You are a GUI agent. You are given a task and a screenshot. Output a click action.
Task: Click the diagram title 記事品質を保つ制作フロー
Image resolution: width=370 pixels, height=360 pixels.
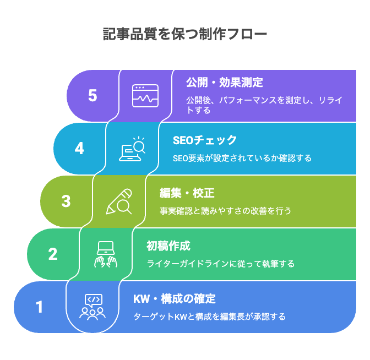[185, 34]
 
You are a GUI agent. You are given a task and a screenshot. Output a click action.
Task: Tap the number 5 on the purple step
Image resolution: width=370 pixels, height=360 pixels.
[92, 96]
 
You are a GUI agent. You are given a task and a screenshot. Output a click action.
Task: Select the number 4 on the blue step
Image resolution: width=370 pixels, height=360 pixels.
[79, 149]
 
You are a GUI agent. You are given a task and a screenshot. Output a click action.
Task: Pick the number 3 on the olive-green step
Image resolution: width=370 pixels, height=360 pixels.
[66, 201]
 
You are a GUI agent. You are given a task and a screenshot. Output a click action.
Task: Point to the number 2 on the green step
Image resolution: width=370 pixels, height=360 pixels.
[53, 254]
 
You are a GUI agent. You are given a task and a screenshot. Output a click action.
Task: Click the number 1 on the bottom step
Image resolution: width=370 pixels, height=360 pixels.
[40, 307]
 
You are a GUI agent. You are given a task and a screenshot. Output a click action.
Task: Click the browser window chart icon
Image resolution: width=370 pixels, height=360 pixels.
[145, 96]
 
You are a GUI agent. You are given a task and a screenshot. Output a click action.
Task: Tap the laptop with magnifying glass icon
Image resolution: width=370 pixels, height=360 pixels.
[132, 149]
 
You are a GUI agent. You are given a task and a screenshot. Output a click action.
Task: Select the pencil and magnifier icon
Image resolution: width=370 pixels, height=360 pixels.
[119, 201]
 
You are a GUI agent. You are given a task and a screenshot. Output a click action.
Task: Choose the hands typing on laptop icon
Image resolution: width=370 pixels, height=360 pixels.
[105, 254]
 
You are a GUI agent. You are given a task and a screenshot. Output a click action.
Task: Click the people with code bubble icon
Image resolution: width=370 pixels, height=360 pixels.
[92, 307]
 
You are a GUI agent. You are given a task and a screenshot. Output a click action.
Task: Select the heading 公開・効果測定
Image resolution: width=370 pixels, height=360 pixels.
[225, 83]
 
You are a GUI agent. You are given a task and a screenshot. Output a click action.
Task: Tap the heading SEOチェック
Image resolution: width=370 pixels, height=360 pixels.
[205, 140]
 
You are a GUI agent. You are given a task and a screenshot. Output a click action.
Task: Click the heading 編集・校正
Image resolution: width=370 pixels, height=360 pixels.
[187, 193]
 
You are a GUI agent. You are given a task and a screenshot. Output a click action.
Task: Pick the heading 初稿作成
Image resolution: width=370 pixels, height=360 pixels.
[168, 246]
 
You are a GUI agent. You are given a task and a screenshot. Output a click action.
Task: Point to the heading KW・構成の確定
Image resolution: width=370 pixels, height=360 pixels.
[175, 299]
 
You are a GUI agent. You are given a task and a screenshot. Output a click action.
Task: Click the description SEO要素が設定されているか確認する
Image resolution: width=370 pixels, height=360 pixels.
[242, 158]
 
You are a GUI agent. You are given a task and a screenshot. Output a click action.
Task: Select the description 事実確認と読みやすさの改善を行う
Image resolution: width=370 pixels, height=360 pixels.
[225, 211]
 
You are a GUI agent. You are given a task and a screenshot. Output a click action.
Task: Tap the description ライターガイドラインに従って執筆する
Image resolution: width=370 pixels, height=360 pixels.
[220, 264]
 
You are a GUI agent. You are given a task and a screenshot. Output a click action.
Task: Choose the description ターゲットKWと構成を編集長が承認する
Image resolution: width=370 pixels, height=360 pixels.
[210, 317]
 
